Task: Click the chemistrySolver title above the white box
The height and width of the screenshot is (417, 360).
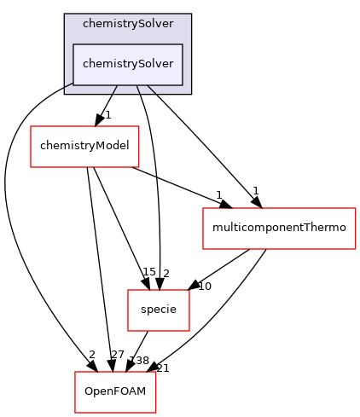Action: tap(128, 24)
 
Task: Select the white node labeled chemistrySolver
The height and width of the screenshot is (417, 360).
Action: tap(128, 65)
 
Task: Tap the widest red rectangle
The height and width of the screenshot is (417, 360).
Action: tap(279, 229)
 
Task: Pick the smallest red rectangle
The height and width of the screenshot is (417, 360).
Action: tap(159, 310)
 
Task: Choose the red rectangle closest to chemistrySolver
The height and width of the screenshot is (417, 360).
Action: tap(84, 147)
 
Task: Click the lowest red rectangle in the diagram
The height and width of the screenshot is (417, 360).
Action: tap(115, 392)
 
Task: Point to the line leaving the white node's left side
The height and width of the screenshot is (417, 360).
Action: tap(68, 88)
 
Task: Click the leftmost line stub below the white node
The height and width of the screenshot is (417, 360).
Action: tap(114, 90)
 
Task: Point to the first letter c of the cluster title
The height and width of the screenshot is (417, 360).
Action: tap(85, 24)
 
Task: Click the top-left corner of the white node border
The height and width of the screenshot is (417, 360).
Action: tap(73, 44)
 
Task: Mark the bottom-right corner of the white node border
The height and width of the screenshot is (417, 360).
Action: tap(183, 85)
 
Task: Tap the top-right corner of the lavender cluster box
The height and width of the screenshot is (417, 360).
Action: tap(190, 14)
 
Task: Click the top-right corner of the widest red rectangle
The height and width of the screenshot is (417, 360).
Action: tap(355, 208)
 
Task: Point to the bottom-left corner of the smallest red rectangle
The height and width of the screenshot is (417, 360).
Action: tap(128, 331)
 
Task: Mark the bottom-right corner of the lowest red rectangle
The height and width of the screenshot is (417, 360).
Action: tap(155, 413)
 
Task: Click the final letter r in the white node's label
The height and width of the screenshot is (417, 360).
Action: tap(171, 65)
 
